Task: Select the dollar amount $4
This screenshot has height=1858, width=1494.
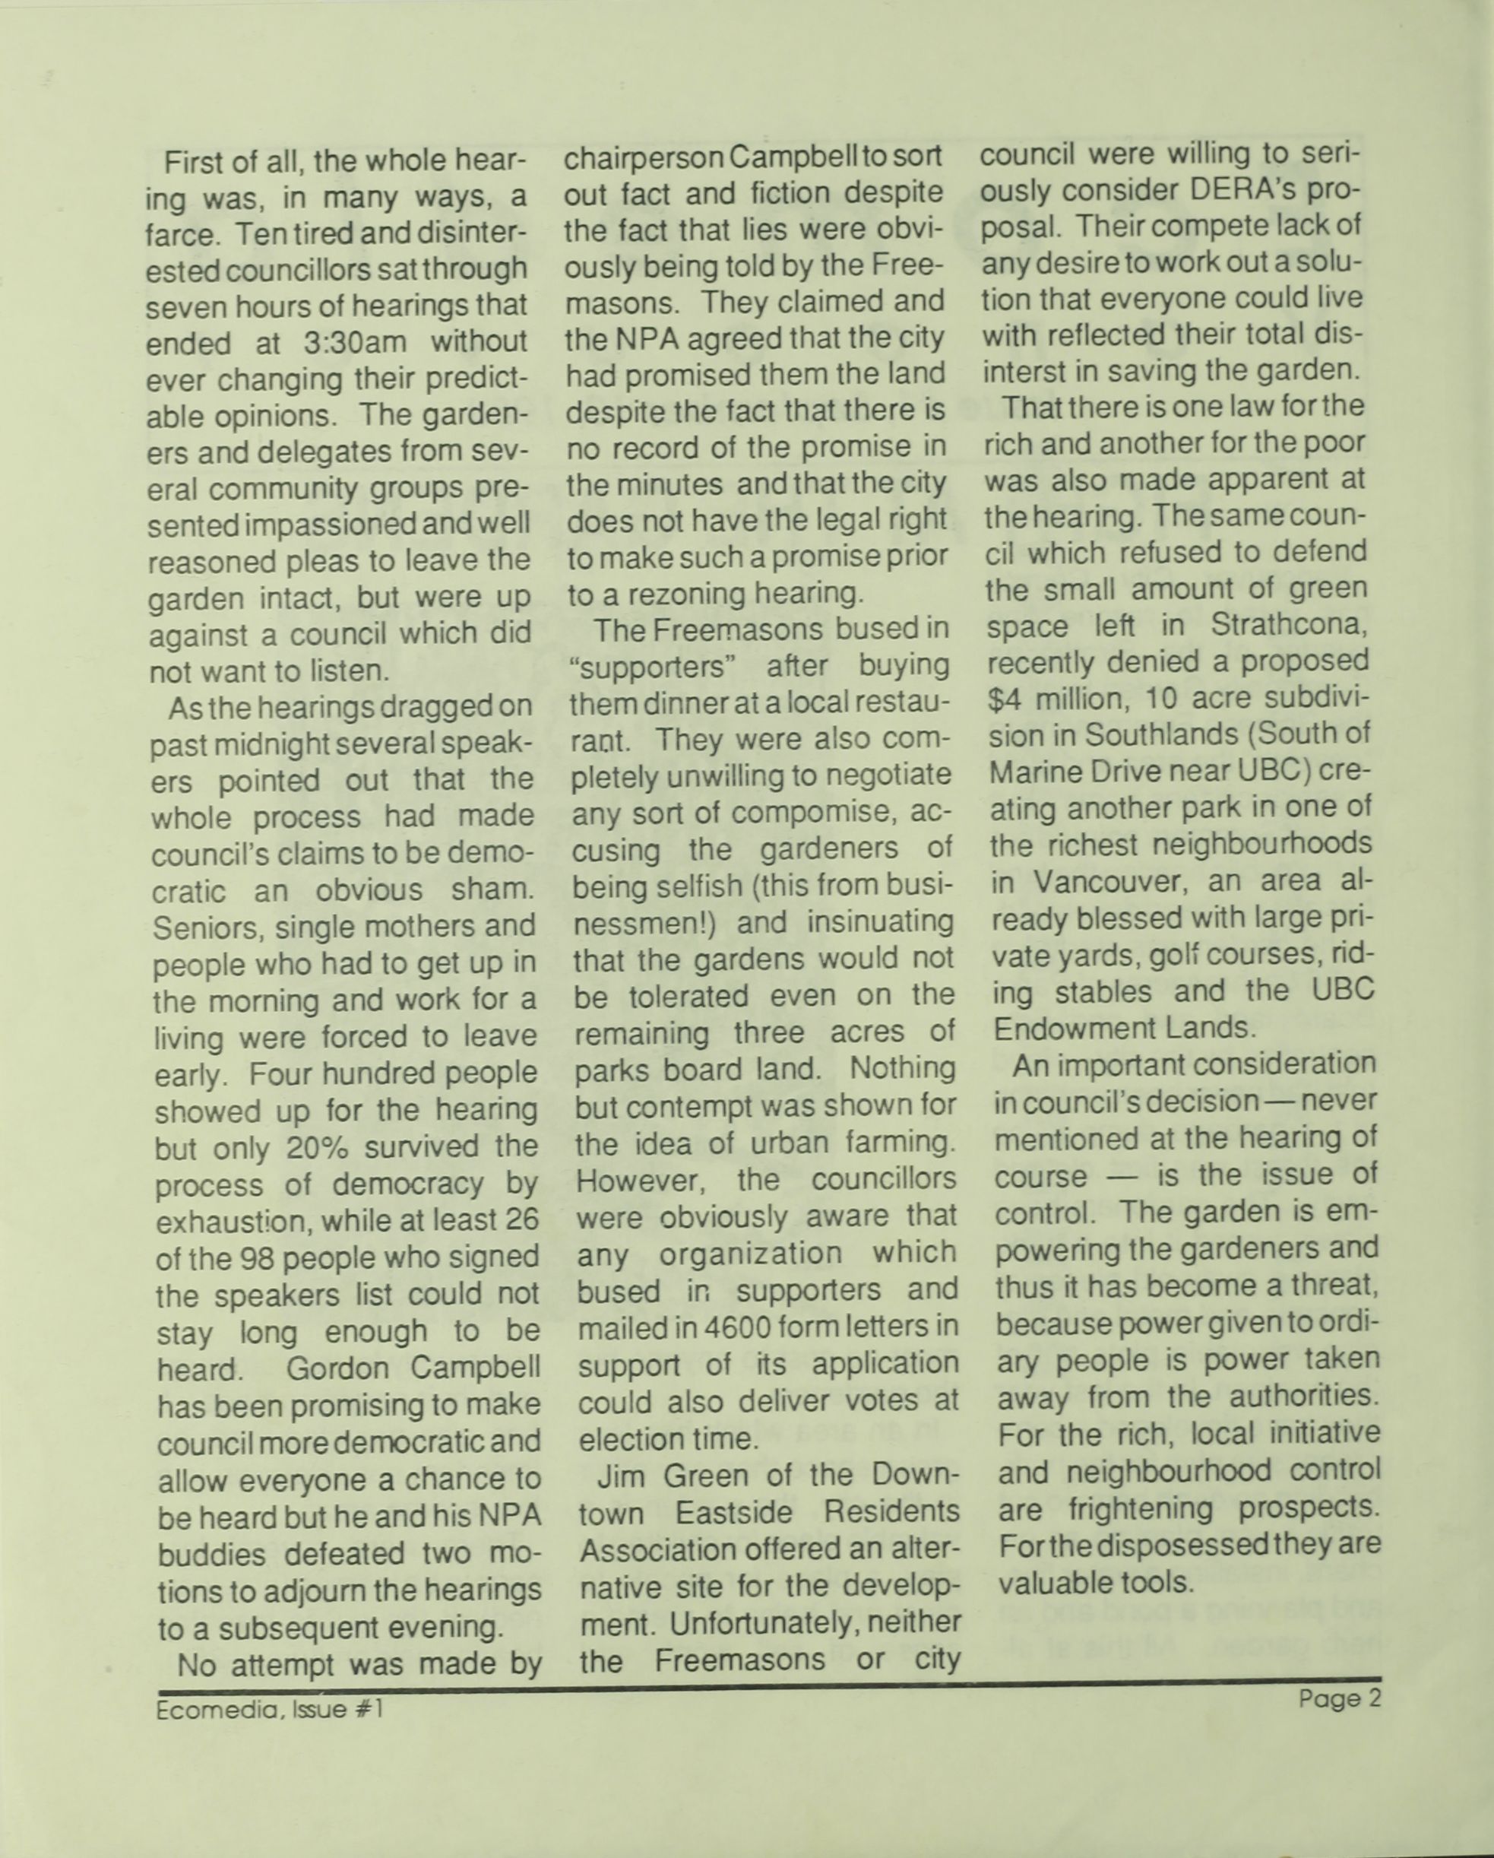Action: point(1005,699)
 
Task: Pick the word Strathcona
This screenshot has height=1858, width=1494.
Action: point(1289,626)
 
